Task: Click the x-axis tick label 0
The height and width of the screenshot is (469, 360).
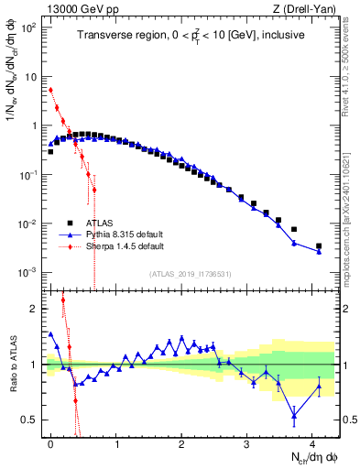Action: point(51,442)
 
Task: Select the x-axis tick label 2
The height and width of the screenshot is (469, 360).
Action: point(181,442)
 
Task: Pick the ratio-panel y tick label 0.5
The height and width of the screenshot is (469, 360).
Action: point(29,420)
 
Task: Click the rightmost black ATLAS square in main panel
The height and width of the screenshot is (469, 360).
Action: point(319,245)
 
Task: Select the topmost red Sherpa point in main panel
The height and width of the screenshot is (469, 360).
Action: point(51,90)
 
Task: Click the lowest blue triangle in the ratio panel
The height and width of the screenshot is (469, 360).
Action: point(294,416)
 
